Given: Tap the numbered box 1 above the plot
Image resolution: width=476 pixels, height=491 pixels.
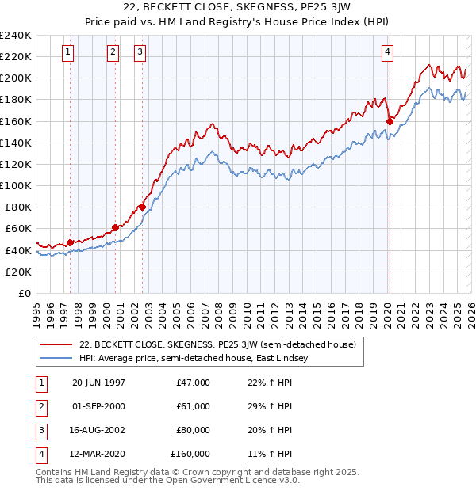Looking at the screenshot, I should point(68,53).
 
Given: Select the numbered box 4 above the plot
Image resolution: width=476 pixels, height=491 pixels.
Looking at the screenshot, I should point(387,53).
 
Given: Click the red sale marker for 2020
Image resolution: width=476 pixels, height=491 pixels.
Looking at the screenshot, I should point(390,121).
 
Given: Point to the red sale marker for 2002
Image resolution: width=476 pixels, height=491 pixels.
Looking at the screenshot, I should point(142,207).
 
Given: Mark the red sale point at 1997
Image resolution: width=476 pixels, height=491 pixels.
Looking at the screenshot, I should point(71,242).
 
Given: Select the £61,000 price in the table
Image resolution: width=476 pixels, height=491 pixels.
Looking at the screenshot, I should point(193,406).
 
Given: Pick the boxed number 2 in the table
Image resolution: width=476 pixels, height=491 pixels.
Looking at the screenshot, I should point(40,406).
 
